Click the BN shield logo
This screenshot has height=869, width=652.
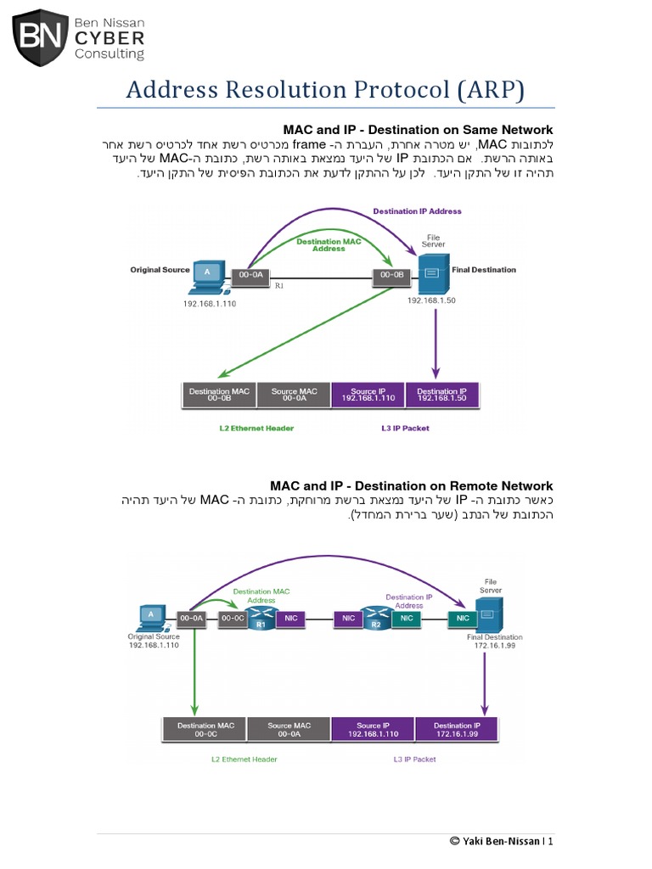tap(42, 37)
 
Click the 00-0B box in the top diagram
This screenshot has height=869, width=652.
tap(391, 275)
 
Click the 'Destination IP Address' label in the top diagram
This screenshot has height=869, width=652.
tap(417, 210)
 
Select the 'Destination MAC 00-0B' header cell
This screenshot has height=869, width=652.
tap(219, 395)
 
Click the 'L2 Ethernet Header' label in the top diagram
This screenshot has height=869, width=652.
tap(256, 428)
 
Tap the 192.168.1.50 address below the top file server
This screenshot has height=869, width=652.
tap(432, 300)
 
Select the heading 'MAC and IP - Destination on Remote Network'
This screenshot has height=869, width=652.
tap(412, 486)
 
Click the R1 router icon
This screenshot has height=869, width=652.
tap(261, 619)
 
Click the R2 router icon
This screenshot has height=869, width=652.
tap(374, 619)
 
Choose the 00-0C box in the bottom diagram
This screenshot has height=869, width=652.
tap(232, 619)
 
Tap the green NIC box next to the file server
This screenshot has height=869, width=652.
tap(462, 619)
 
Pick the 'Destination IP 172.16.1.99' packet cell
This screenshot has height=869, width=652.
tap(457, 730)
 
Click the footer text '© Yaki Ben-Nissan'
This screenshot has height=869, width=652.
tap(495, 841)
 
